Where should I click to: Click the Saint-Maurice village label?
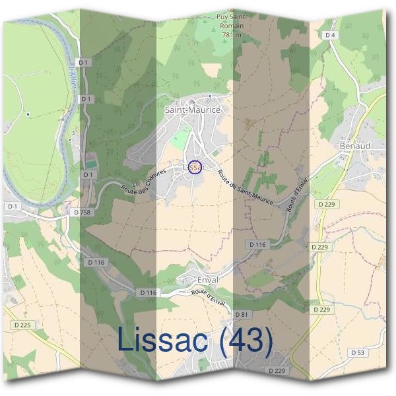(192, 110)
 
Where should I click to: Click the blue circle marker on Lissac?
(193, 166)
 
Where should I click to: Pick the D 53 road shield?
(357, 353)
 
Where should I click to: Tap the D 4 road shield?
(331, 34)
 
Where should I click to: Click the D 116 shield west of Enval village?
(149, 292)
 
